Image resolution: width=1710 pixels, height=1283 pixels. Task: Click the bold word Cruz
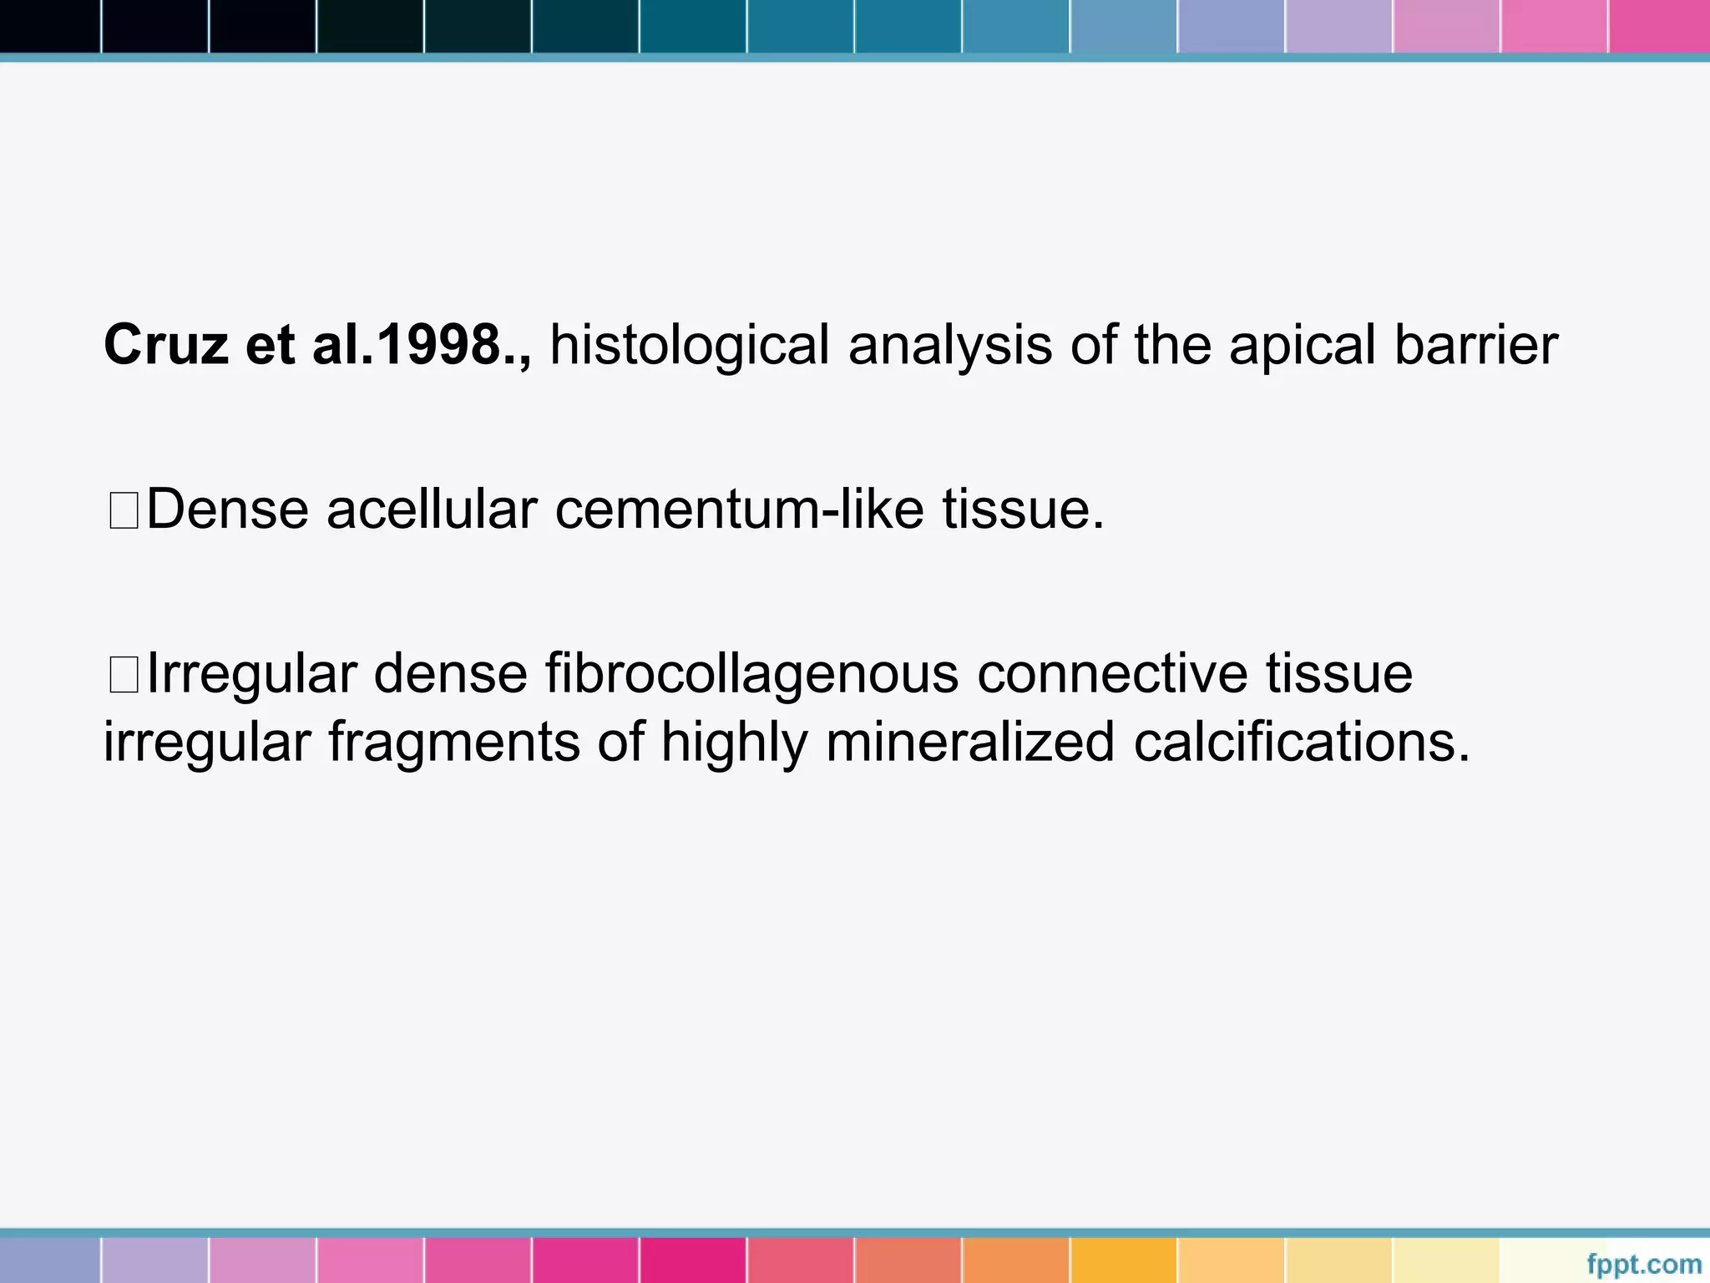165,344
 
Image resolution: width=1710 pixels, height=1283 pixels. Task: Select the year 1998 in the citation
438,344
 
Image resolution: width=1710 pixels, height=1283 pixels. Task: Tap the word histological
689,346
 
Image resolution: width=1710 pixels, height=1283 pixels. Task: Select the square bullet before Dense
124,510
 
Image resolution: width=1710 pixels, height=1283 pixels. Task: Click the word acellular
431,509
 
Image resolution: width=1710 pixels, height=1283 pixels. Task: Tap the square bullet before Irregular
124,674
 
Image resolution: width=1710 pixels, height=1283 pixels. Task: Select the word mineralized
969,742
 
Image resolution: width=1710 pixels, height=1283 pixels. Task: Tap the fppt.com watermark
1643,1264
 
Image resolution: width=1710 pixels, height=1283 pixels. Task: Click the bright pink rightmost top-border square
1659,26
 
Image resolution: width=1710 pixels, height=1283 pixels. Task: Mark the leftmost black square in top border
49,26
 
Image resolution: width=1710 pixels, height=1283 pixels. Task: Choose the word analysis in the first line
949,346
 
